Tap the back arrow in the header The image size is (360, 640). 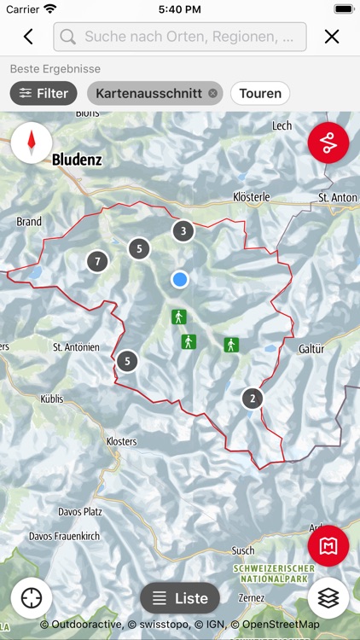(x=28, y=37)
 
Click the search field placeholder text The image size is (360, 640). (x=195, y=37)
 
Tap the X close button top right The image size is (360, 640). (x=332, y=37)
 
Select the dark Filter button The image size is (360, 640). (x=44, y=93)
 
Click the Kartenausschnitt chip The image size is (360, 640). (x=149, y=93)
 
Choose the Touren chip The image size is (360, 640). (x=260, y=93)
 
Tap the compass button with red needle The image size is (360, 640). (x=32, y=143)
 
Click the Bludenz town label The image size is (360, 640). (x=77, y=160)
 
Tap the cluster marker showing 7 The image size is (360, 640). (x=97, y=261)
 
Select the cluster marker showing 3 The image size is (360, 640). (x=183, y=230)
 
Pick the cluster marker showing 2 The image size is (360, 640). (x=252, y=399)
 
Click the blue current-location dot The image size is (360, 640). (x=179, y=279)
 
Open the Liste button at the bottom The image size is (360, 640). (x=180, y=598)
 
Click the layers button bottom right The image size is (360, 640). (x=328, y=598)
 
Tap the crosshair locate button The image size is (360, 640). (x=32, y=598)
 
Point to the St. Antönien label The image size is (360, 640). (x=76, y=347)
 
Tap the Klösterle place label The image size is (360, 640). (x=251, y=197)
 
